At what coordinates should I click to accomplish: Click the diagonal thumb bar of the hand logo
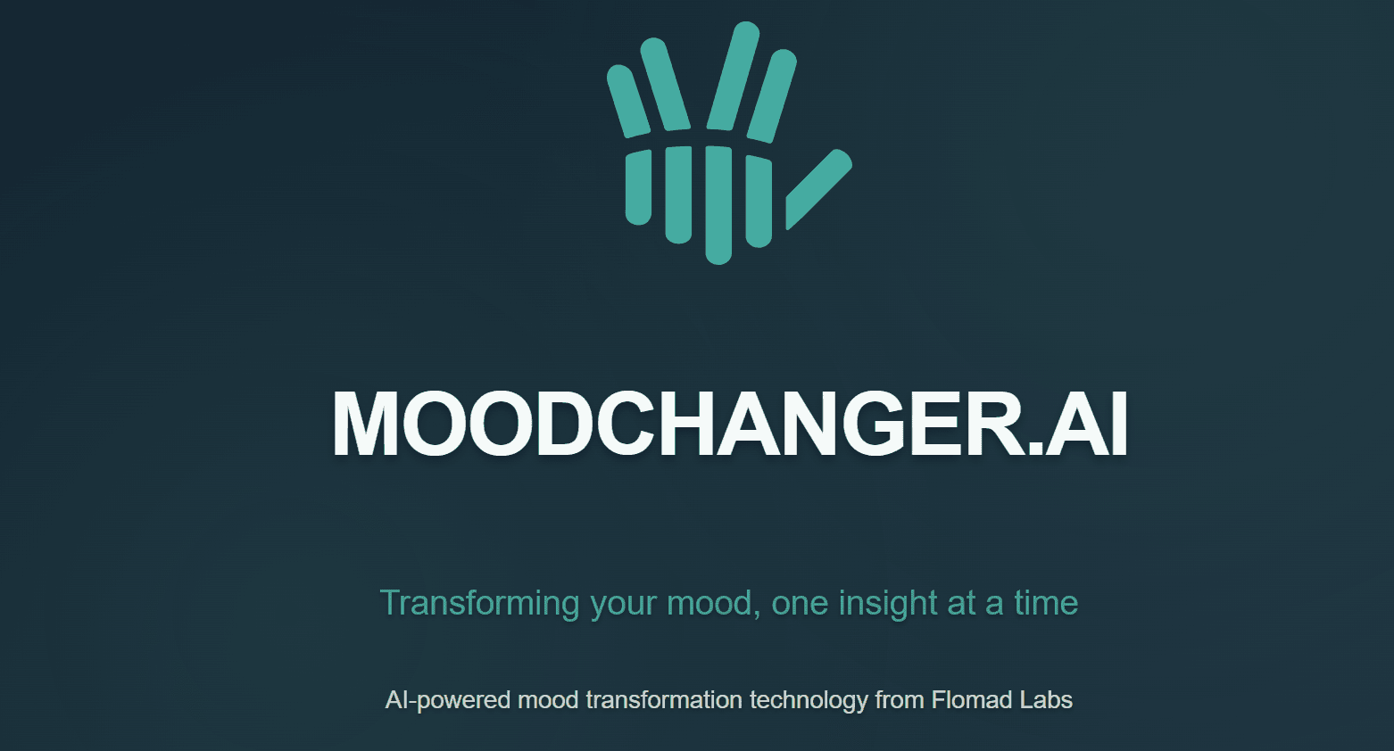(x=818, y=189)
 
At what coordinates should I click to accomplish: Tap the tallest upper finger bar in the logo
(x=733, y=77)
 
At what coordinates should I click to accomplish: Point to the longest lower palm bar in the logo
(x=718, y=204)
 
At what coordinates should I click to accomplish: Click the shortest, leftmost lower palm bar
(x=638, y=187)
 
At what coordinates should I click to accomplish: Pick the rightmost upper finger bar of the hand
(x=771, y=96)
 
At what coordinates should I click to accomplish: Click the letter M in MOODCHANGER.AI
(x=364, y=425)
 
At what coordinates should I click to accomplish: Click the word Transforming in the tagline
(x=479, y=604)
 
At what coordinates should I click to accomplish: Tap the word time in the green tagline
(x=1046, y=604)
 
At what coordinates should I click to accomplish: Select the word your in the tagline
(x=624, y=604)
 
